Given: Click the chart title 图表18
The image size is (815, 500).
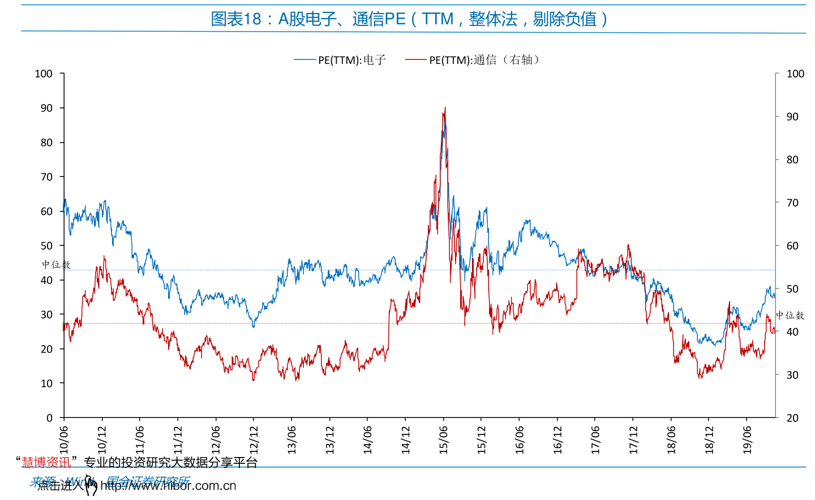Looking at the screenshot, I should [409, 19].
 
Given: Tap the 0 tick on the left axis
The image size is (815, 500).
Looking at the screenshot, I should [49, 418].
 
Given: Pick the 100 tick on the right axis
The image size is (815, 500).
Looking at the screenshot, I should [795, 74].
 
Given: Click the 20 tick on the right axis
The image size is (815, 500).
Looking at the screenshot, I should [792, 418].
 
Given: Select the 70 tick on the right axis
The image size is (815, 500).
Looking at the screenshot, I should [792, 202].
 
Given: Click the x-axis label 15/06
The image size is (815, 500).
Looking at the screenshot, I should [444, 439].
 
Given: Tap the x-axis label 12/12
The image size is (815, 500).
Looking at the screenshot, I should [254, 439].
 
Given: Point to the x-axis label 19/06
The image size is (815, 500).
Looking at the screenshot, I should [747, 439].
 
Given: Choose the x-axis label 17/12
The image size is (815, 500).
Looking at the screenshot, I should [633, 439].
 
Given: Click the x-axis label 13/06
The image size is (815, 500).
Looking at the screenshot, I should [292, 439].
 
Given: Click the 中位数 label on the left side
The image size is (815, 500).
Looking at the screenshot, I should [55, 265].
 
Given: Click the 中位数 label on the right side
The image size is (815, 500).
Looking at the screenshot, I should [790, 316].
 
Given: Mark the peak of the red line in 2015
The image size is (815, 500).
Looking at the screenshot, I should [445, 107].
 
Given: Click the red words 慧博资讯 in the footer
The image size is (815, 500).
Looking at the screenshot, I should [46, 463].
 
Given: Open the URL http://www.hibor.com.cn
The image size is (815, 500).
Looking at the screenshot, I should [168, 486].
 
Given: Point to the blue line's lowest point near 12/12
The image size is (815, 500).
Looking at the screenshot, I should [253, 326].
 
